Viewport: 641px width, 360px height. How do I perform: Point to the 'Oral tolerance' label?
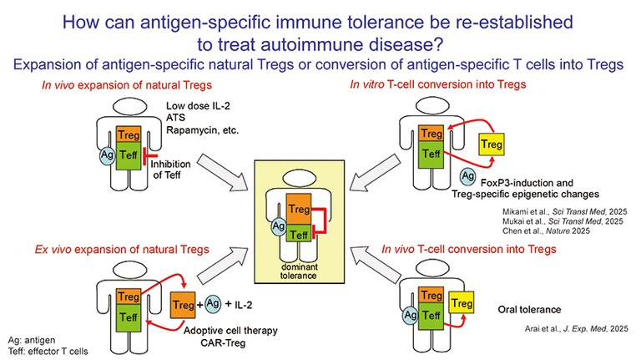(528, 307)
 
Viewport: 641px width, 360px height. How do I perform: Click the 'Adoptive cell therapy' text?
(232, 330)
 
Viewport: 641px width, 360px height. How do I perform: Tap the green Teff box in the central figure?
(299, 234)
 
